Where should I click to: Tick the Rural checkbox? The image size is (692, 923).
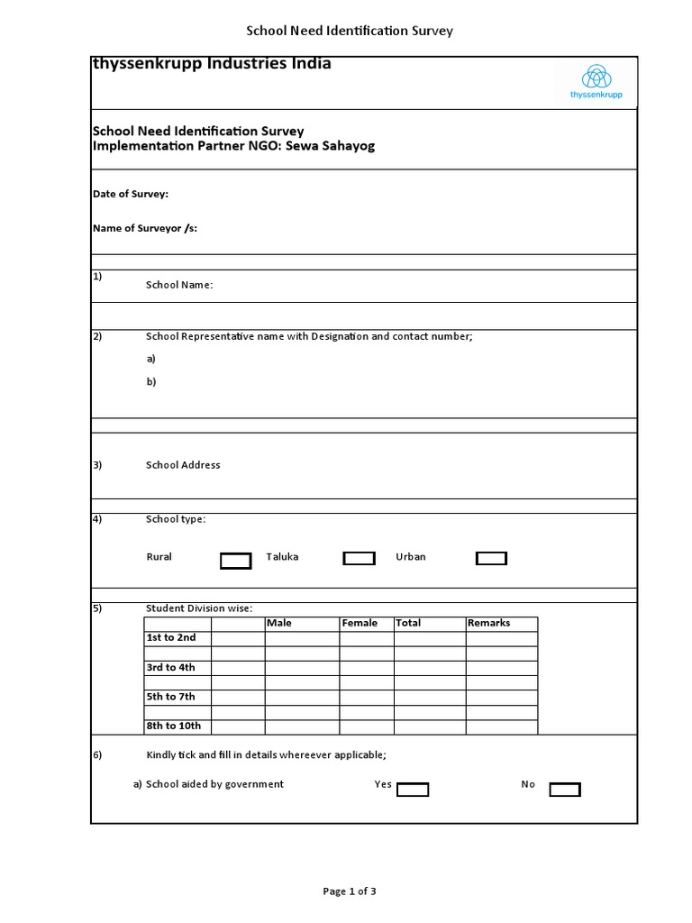(235, 561)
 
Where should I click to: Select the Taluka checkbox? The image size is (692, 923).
(359, 559)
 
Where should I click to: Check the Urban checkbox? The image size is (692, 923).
(491, 559)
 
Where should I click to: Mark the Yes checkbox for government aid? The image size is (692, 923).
(413, 790)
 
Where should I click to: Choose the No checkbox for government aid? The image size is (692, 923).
(565, 790)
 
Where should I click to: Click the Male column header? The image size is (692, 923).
(279, 623)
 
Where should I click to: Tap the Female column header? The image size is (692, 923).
(360, 623)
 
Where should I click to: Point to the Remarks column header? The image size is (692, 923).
(488, 623)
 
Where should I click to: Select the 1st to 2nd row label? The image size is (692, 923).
(171, 637)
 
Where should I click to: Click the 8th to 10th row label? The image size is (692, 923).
(174, 726)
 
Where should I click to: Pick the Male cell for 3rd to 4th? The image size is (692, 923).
(301, 667)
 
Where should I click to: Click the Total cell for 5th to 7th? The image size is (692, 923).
(429, 697)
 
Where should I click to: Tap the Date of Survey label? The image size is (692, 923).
(131, 194)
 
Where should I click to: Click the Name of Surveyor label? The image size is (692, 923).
(145, 228)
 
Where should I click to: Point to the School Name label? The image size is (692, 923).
(179, 285)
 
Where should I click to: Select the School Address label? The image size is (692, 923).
(183, 465)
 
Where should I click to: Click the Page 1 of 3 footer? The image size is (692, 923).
(350, 891)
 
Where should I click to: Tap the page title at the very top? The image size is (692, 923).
(350, 31)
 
